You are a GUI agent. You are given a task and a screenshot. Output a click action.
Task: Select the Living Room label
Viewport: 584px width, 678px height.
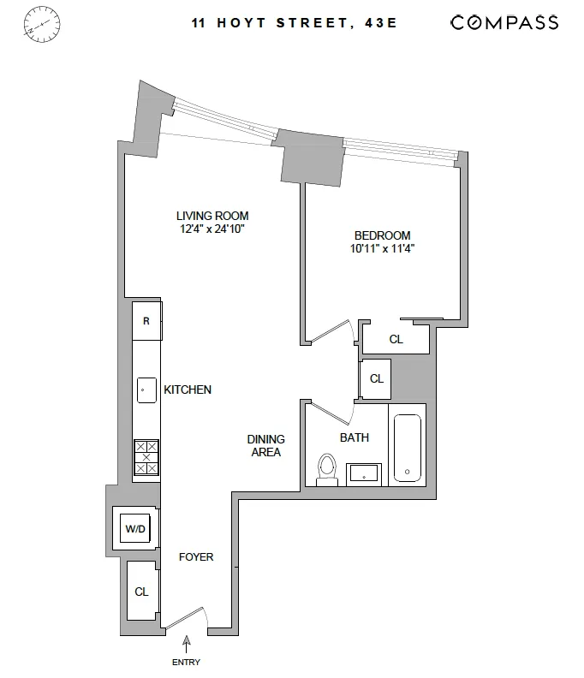pyautogui.click(x=212, y=216)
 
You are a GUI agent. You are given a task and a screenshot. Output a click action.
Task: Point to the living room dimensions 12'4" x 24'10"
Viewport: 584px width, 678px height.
pyautogui.click(x=212, y=229)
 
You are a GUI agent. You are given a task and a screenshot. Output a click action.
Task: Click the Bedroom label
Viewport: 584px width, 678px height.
pyautogui.click(x=382, y=235)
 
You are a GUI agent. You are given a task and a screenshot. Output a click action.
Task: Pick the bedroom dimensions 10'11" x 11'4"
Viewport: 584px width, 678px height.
pyautogui.click(x=382, y=249)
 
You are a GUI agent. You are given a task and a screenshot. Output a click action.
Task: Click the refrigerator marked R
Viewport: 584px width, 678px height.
pyautogui.click(x=146, y=322)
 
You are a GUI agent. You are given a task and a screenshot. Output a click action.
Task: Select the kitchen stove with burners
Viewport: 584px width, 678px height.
pyautogui.click(x=146, y=457)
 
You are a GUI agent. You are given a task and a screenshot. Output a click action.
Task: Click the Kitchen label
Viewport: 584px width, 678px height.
pyautogui.click(x=188, y=390)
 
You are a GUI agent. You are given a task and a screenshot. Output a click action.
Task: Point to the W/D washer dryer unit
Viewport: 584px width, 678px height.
pyautogui.click(x=135, y=528)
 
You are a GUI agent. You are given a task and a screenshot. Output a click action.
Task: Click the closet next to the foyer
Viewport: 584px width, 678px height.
pyautogui.click(x=141, y=591)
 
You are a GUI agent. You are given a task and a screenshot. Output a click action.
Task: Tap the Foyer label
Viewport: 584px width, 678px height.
pyautogui.click(x=195, y=557)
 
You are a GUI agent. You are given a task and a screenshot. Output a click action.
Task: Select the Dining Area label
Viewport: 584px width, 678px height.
pyautogui.click(x=265, y=445)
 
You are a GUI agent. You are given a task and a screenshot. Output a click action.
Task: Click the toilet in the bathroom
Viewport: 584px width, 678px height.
pyautogui.click(x=326, y=469)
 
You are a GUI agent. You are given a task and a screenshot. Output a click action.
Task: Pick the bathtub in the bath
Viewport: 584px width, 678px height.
pyautogui.click(x=407, y=449)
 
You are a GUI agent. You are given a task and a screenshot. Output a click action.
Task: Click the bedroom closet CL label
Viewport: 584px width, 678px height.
pyautogui.click(x=396, y=339)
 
